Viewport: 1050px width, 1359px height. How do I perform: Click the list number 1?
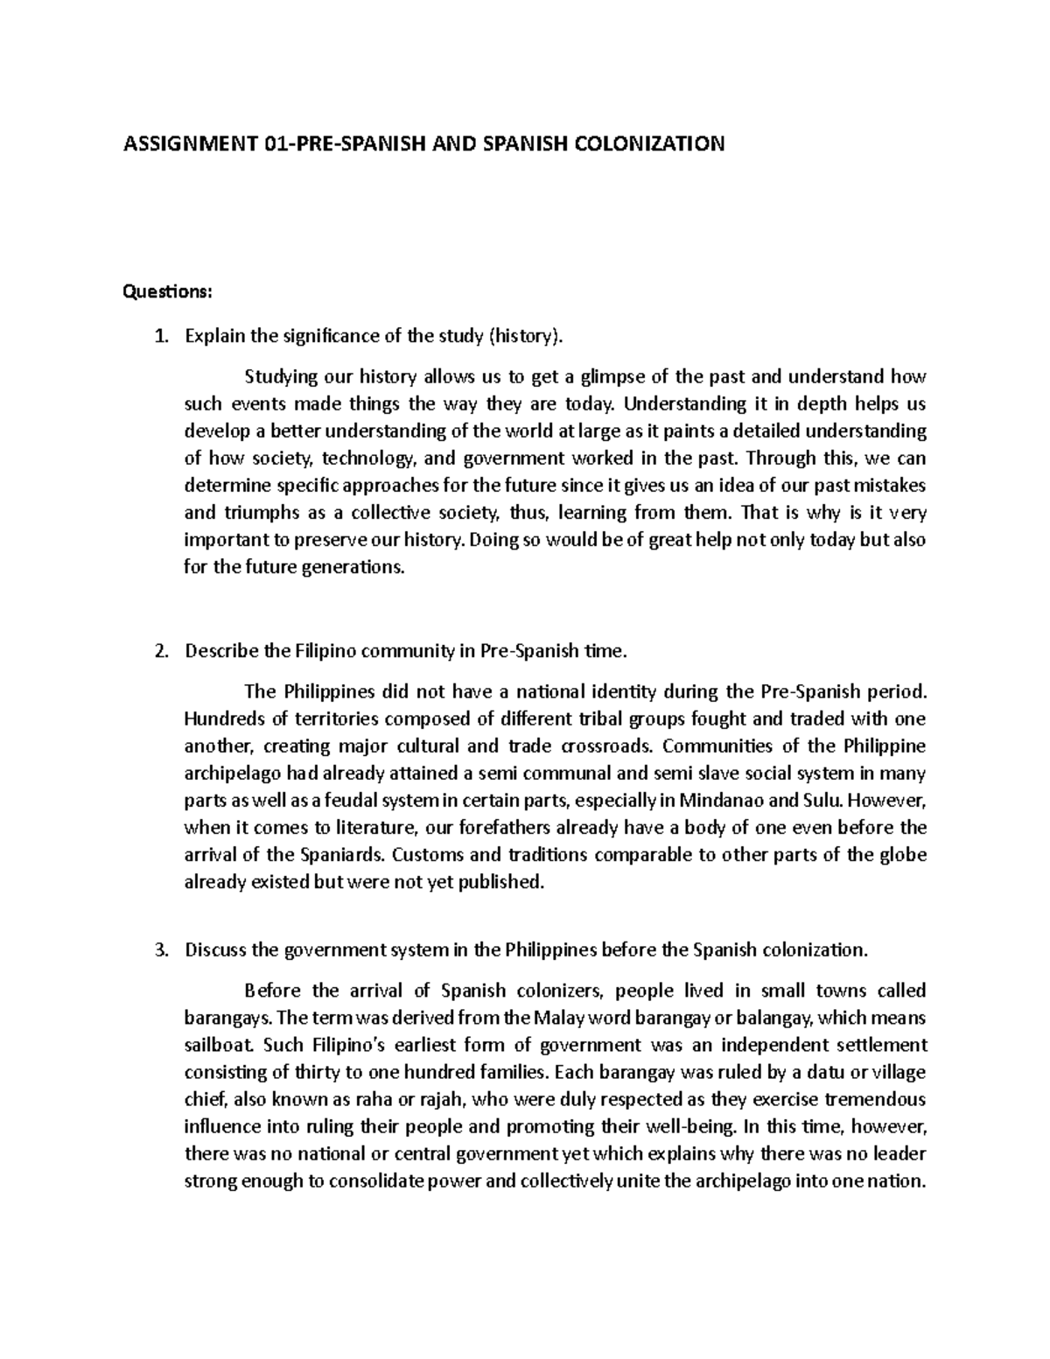(x=158, y=336)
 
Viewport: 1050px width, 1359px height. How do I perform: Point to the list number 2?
(x=158, y=651)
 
